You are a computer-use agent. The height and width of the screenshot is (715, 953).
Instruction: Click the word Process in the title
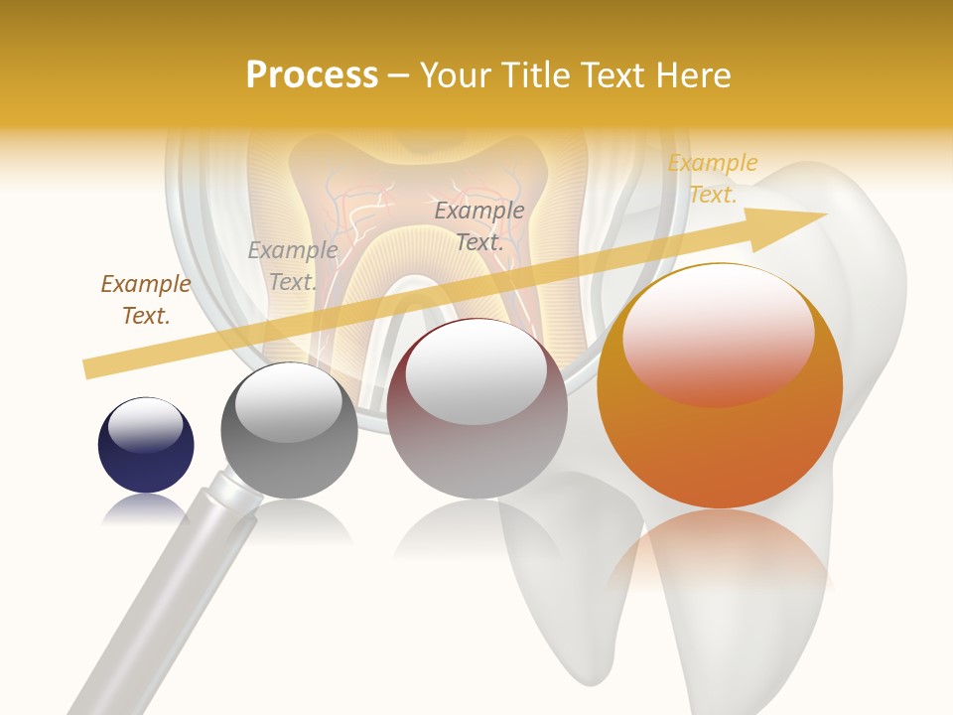(x=312, y=74)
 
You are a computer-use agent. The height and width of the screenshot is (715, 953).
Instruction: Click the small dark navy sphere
(x=146, y=446)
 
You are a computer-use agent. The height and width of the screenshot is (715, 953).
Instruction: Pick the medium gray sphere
(x=289, y=431)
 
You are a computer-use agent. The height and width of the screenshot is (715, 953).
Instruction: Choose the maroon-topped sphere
(x=476, y=408)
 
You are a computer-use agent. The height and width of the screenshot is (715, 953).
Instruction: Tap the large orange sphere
(x=720, y=386)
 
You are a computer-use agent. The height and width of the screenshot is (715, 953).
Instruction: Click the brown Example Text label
(x=145, y=300)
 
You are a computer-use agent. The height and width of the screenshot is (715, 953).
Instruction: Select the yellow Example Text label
(x=713, y=179)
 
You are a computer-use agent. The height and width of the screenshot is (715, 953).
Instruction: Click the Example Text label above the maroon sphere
(x=479, y=225)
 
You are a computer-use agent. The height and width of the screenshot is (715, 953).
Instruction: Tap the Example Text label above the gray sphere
(x=293, y=265)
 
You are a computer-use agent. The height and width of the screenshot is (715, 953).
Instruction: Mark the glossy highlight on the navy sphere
(x=145, y=427)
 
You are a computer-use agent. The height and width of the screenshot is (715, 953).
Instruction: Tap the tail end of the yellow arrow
(x=91, y=368)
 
